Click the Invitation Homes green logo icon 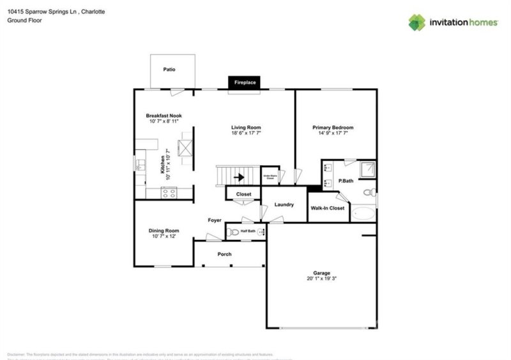(x=416, y=22)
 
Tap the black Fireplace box (x=245, y=83)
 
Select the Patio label (x=169, y=70)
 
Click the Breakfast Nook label (x=164, y=116)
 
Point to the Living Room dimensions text (x=246, y=133)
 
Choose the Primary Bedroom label (x=333, y=128)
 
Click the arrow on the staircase (x=241, y=177)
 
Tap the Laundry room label (x=284, y=205)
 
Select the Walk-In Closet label (x=328, y=208)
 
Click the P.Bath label (x=346, y=181)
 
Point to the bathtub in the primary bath (x=363, y=213)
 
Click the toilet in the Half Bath (x=234, y=232)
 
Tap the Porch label (x=224, y=254)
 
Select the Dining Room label (x=164, y=230)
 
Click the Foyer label (x=215, y=220)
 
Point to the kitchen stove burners (x=169, y=193)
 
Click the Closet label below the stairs (x=243, y=194)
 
